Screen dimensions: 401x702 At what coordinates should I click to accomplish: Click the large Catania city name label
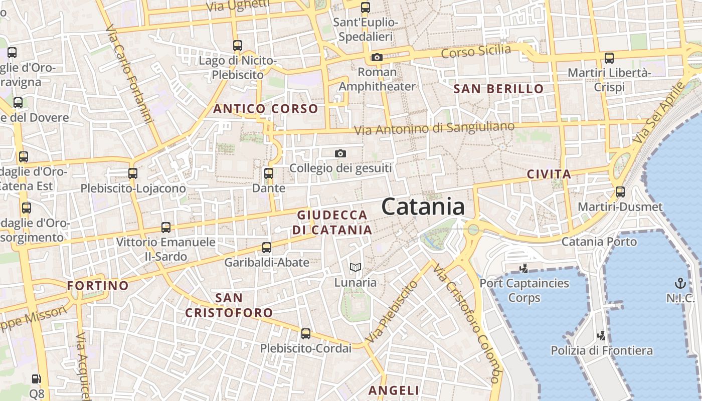pyautogui.click(x=423, y=207)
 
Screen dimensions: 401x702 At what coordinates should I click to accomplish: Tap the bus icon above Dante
pyautogui.click(x=269, y=174)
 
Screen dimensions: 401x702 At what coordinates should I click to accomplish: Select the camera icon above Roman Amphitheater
pyautogui.click(x=377, y=58)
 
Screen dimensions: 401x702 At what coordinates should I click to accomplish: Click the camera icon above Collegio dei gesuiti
pyautogui.click(x=340, y=153)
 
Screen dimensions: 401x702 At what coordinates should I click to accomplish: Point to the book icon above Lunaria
pyautogui.click(x=356, y=268)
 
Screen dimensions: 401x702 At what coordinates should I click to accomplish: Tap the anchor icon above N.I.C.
pyautogui.click(x=680, y=283)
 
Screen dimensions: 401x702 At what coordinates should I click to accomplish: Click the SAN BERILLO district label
pyautogui.click(x=498, y=89)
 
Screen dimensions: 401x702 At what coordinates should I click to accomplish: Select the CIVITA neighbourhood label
pyautogui.click(x=549, y=174)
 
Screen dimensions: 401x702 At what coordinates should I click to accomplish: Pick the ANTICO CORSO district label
pyautogui.click(x=266, y=109)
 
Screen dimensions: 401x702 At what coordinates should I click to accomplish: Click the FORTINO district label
pyautogui.click(x=98, y=286)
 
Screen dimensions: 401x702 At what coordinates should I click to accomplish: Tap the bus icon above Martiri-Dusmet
pyautogui.click(x=620, y=192)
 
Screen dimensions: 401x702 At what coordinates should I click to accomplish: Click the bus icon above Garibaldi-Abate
pyautogui.click(x=267, y=248)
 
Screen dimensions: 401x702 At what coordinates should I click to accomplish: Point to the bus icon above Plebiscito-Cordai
pyautogui.click(x=306, y=334)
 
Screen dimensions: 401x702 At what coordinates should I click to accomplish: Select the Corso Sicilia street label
pyautogui.click(x=476, y=51)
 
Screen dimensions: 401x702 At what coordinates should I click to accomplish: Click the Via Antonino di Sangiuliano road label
pyautogui.click(x=434, y=128)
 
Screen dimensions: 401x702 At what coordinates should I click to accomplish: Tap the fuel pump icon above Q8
pyautogui.click(x=37, y=379)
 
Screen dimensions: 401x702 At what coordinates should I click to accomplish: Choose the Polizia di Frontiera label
pyautogui.click(x=602, y=350)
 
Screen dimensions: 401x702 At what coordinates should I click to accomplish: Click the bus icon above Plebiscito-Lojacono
pyautogui.click(x=133, y=173)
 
